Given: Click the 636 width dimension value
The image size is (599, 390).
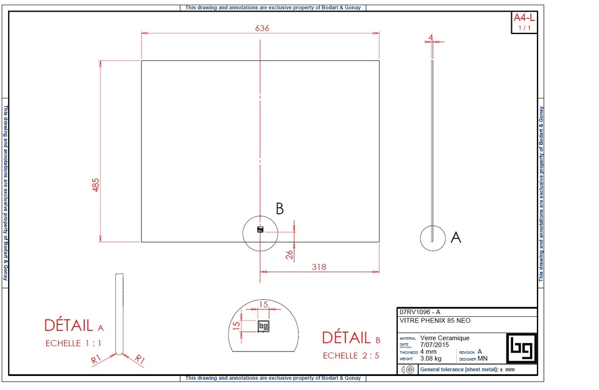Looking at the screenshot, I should (262, 28).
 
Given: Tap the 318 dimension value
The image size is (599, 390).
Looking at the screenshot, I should (319, 267).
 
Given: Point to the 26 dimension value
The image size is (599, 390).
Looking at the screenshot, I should (288, 254).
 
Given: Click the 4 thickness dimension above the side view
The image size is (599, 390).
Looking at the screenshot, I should (431, 37).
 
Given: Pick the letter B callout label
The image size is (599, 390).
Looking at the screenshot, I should (280, 208).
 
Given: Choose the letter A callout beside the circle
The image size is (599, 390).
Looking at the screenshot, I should (456, 237).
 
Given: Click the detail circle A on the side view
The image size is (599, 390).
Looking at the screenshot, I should (432, 238).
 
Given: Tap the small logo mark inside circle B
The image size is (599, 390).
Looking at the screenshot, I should (260, 230).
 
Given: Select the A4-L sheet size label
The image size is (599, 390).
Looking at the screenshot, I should (524, 18).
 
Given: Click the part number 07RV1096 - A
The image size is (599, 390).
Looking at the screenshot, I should (419, 312).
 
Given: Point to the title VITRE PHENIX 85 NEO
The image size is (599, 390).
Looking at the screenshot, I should (435, 321).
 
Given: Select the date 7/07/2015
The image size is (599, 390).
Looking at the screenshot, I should (434, 344).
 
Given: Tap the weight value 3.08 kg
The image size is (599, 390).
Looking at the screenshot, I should (431, 358).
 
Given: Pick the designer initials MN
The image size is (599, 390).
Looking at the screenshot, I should (483, 358).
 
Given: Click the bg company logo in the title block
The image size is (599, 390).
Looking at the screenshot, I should (520, 348).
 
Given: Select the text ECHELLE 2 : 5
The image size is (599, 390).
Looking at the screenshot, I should (351, 355).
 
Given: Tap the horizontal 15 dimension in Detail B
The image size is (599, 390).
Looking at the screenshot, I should (263, 305).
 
